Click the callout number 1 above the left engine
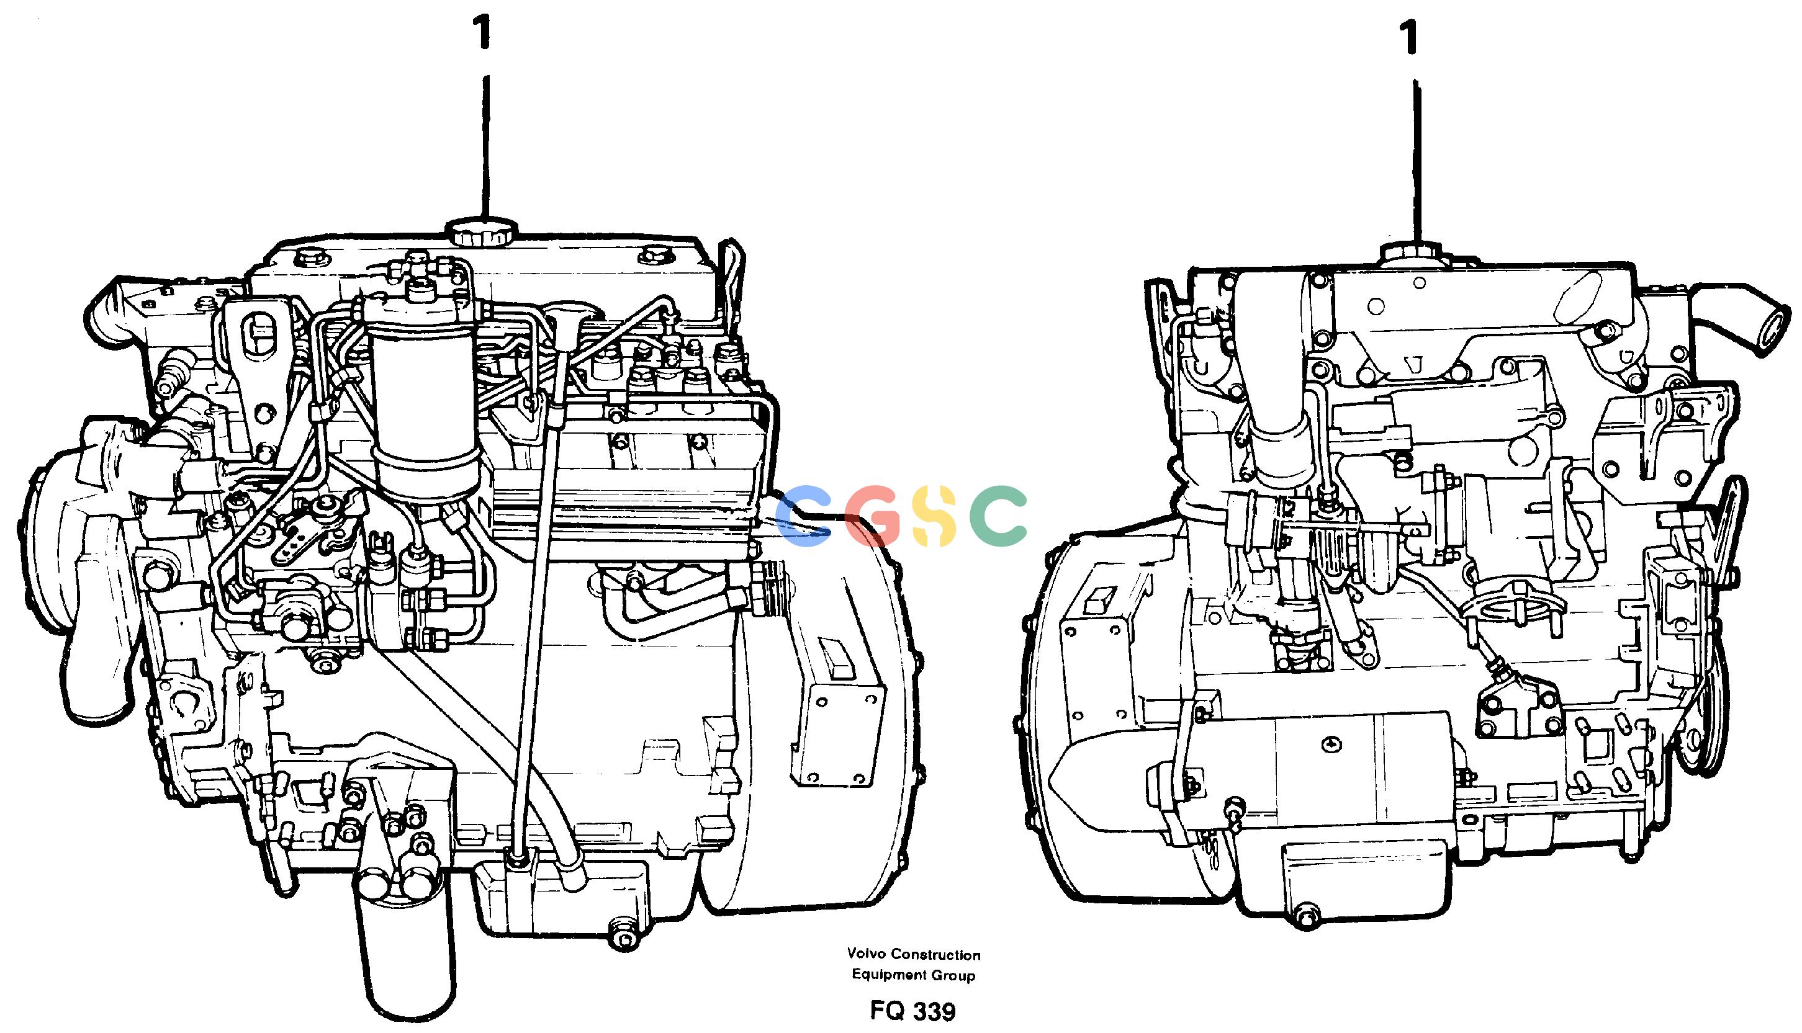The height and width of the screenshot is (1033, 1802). coord(484,33)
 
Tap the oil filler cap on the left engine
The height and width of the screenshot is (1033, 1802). coord(482,232)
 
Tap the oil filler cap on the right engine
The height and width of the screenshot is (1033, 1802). coord(1411,253)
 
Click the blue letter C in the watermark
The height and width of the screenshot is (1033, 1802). coord(803,516)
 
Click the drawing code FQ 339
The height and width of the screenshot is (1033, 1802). coord(912,1010)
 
